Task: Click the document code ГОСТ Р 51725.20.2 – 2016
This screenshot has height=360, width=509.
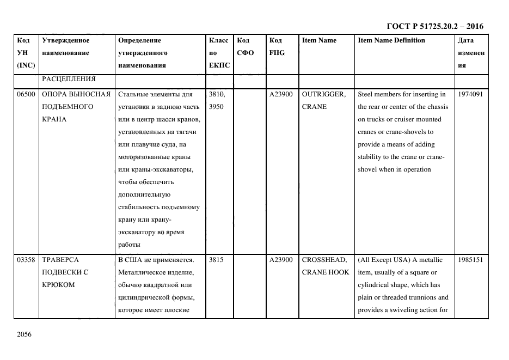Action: coord(434,26)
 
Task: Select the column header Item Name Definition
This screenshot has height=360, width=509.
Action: coord(391,40)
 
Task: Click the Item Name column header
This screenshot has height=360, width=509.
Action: coord(319,40)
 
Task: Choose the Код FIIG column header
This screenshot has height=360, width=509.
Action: coord(277,46)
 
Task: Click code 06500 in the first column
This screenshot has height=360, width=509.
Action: coord(26,94)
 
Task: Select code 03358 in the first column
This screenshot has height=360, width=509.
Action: coord(26,260)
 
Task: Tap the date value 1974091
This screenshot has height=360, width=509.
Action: coord(471,94)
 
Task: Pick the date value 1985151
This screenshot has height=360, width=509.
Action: coord(471,260)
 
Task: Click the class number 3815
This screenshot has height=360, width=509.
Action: coord(216,260)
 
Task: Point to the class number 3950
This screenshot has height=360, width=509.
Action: coord(216,107)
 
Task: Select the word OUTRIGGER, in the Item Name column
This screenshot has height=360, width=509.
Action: coord(323,94)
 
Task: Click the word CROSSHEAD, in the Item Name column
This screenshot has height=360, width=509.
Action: coord(323,260)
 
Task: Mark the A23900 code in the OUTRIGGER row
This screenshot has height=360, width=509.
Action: coord(281,94)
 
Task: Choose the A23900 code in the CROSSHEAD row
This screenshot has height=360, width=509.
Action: coord(281,260)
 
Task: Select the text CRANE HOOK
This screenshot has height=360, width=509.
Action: coord(325,272)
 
